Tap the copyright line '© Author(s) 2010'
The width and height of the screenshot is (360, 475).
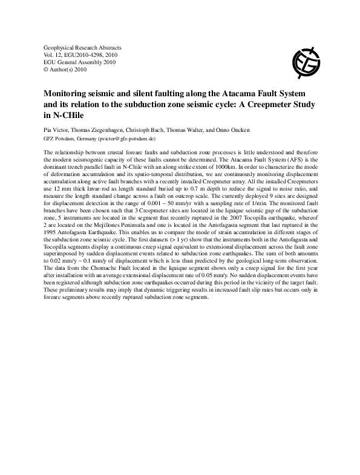(x=66, y=70)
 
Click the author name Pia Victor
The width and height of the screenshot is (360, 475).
(x=57, y=129)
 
